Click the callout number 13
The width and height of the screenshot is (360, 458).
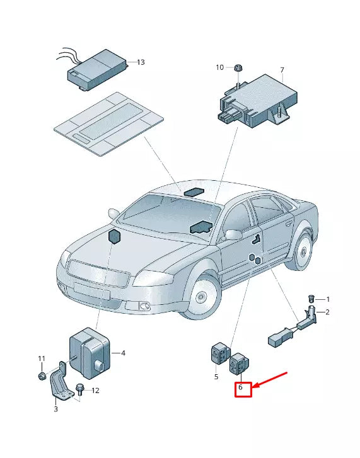click(x=141, y=62)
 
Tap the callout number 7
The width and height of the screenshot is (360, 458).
click(x=282, y=70)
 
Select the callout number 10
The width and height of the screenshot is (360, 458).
click(x=219, y=67)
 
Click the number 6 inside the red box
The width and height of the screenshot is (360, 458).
click(x=240, y=389)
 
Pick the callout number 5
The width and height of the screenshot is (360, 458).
click(x=216, y=377)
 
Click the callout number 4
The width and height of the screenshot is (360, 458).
click(x=123, y=353)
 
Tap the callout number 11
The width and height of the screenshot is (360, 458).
click(x=42, y=359)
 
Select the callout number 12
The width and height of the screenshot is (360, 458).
click(x=95, y=391)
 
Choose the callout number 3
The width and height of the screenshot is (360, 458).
click(x=55, y=409)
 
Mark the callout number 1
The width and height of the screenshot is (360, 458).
click(x=327, y=299)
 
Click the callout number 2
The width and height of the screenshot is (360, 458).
click(x=327, y=312)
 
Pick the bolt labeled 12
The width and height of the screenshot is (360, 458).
click(x=80, y=388)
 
